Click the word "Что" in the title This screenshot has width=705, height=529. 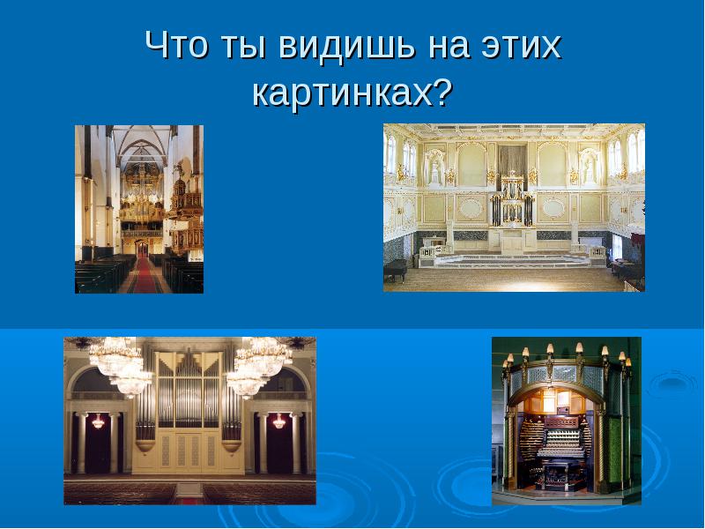click(x=178, y=45)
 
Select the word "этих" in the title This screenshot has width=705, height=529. click(x=522, y=45)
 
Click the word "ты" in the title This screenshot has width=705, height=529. click(x=244, y=46)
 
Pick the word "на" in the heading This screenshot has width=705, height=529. click(x=448, y=47)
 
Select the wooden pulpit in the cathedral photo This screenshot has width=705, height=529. click(x=186, y=216)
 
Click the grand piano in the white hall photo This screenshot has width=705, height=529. click(x=396, y=269)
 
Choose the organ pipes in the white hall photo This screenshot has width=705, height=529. click(x=512, y=200)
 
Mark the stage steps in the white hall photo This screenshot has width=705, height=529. click(x=513, y=261)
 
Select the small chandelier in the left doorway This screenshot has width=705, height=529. click(x=99, y=421)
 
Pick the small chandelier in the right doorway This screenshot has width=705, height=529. click(x=279, y=421)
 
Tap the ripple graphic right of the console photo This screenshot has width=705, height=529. click(x=672, y=384)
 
